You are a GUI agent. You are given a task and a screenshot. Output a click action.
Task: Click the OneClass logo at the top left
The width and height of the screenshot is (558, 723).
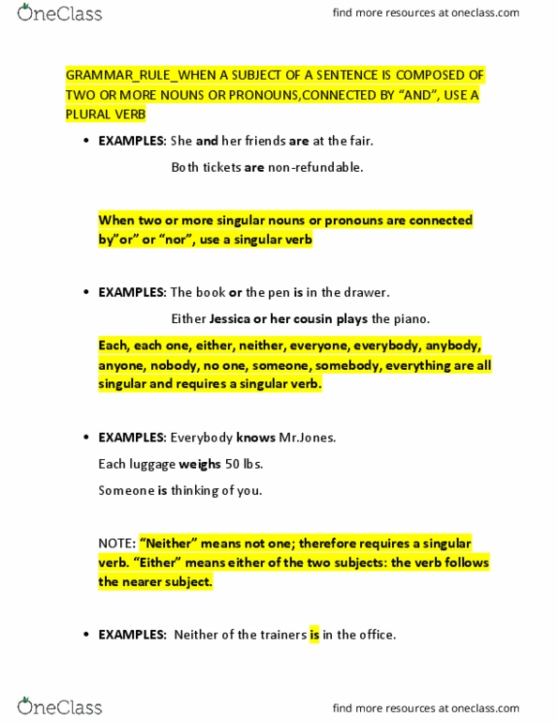click(x=59, y=13)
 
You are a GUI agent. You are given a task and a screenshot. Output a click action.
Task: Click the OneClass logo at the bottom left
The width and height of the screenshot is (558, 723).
click(x=59, y=706)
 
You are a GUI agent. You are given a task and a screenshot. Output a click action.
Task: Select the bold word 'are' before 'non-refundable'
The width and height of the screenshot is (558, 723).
click(x=254, y=167)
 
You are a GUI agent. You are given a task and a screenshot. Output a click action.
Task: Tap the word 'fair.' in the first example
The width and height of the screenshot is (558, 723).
click(x=357, y=141)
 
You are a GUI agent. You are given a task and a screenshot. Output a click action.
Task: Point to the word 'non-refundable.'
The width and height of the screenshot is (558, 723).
click(x=316, y=167)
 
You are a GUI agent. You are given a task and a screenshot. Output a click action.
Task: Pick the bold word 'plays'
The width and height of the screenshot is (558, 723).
click(x=350, y=318)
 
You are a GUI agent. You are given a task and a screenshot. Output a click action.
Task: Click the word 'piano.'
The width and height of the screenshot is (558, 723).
click(x=412, y=318)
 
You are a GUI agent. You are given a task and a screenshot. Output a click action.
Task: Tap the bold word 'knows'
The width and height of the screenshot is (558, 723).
click(x=255, y=438)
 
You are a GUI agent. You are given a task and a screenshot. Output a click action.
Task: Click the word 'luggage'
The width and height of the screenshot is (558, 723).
click(x=151, y=464)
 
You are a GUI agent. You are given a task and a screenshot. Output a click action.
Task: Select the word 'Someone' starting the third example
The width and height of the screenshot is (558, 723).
click(x=126, y=490)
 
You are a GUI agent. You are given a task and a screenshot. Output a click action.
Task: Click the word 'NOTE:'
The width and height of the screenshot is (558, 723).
click(x=116, y=543)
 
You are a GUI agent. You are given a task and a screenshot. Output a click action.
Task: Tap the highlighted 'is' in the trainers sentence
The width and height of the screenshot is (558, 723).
click(x=315, y=635)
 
